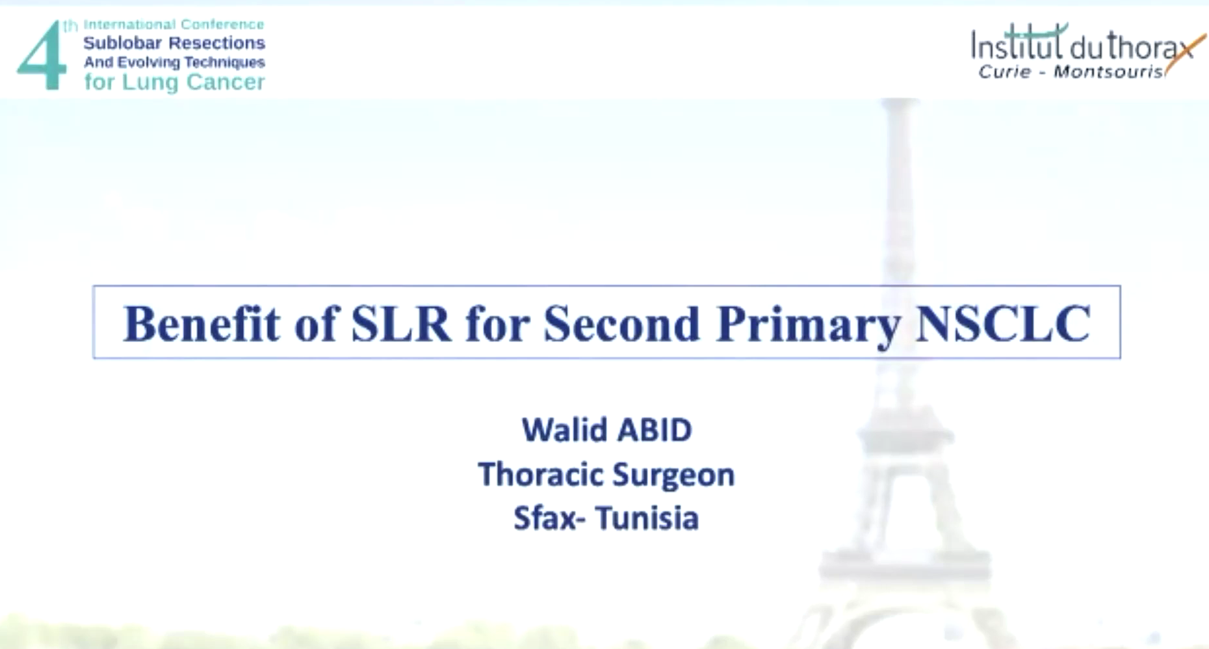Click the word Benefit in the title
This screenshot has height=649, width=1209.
point(201,323)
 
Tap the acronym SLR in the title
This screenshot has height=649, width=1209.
point(400,323)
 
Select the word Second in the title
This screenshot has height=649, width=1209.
point(621,323)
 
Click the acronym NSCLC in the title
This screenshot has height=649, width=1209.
point(1003,323)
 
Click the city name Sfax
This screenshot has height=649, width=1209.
point(545,518)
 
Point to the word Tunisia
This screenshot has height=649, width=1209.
point(647,518)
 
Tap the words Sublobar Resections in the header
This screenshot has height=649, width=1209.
point(174,43)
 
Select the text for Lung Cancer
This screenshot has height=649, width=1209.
point(174,82)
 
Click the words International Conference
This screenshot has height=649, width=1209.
point(174,25)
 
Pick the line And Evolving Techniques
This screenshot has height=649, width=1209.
point(174,62)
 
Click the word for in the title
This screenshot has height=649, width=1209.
point(497,323)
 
